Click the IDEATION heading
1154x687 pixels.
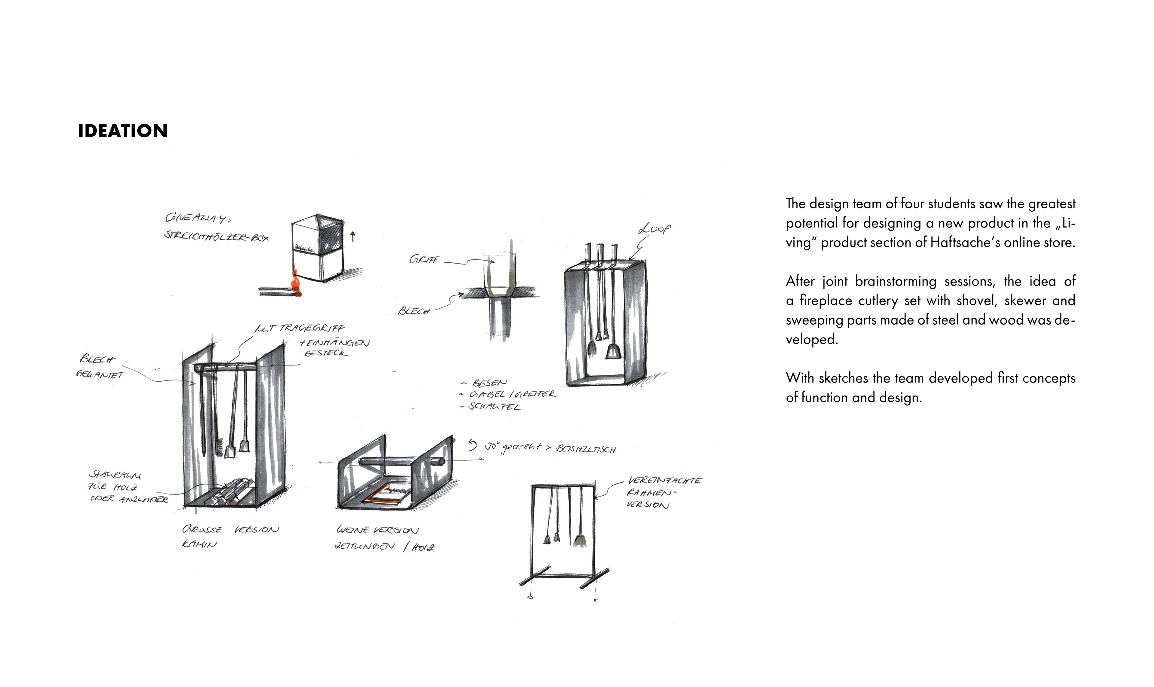(123, 131)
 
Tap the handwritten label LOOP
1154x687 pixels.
(654, 229)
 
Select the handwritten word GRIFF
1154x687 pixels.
(423, 260)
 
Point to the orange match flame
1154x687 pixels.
(295, 283)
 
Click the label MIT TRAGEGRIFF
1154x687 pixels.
(300, 328)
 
